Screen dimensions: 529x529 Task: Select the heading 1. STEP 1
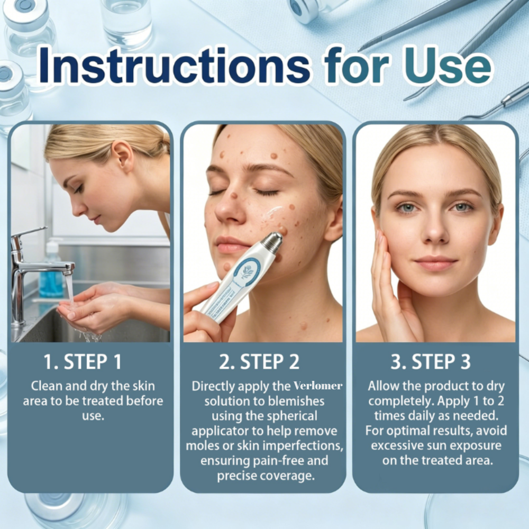click(83, 362)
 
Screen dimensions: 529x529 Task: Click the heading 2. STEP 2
click(259, 362)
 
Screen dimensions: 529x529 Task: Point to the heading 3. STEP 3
click(431, 362)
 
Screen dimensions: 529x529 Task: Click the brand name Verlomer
click(318, 386)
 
